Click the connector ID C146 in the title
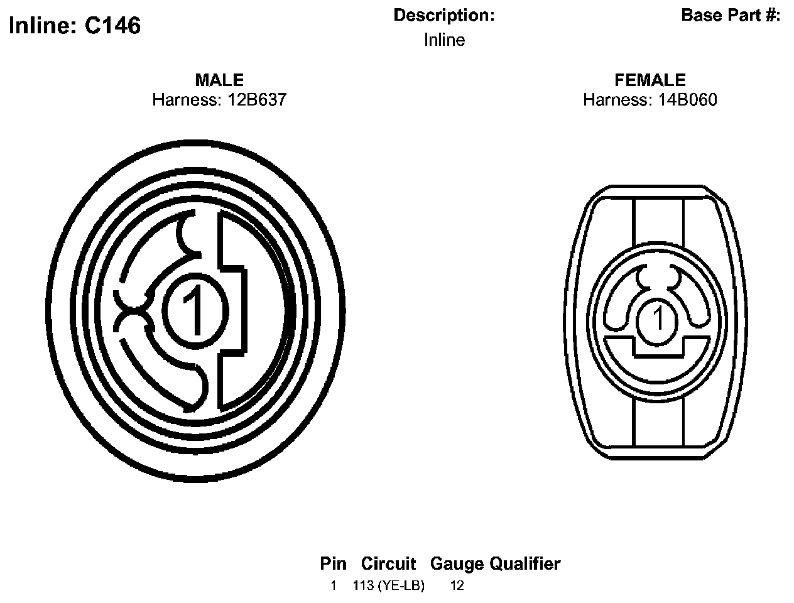coord(112,26)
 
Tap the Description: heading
coord(444,15)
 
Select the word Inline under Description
coord(444,40)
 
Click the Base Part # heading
coord(731,15)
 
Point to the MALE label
coord(219,80)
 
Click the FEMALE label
coord(650,80)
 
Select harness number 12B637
coord(257,99)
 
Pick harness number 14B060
coord(687,99)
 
